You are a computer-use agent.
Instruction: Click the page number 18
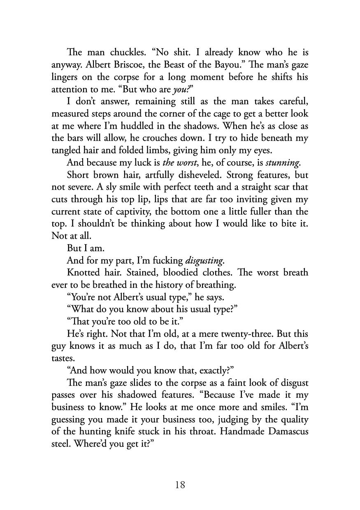[180, 485]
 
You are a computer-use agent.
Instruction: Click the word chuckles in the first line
[119, 53]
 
